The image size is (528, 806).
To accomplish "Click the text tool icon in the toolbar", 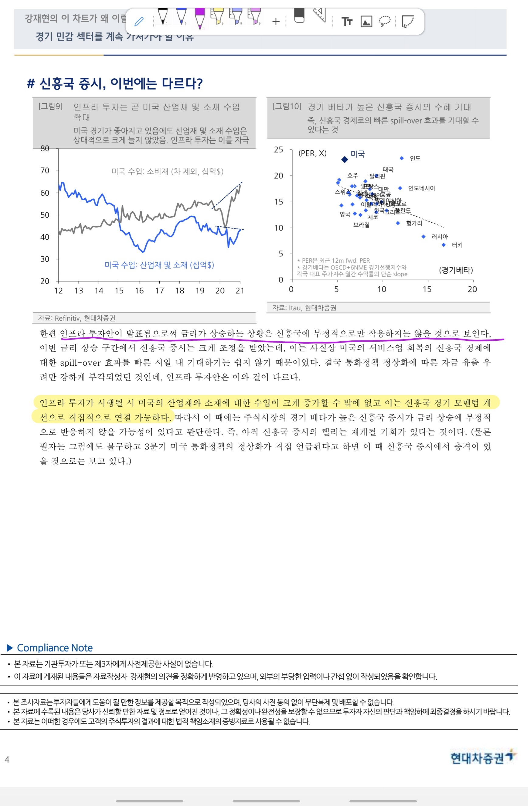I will click(346, 22).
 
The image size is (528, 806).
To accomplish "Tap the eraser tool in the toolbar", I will click(299, 15).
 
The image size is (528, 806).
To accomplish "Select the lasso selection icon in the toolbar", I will click(384, 21).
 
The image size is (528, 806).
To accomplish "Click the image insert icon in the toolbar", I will click(366, 22).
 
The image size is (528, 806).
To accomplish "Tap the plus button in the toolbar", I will click(276, 22).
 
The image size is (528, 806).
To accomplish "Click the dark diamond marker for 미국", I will click(345, 159).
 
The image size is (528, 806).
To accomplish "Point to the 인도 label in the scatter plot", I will click(415, 159).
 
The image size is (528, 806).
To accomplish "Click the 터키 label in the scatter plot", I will click(457, 245).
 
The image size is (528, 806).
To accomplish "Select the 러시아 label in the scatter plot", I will click(439, 237).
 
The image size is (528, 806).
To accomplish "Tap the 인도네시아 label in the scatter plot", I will click(422, 188).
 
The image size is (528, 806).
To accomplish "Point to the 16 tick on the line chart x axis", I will click(139, 291).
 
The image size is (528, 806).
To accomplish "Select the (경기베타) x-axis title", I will click(456, 270).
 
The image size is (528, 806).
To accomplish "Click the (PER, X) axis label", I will click(312, 153).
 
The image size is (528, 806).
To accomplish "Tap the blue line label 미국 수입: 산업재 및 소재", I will click(159, 265).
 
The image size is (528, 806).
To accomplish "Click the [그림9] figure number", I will click(50, 106).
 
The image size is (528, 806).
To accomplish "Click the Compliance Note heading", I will click(55, 647).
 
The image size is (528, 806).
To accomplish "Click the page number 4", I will click(7, 760).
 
